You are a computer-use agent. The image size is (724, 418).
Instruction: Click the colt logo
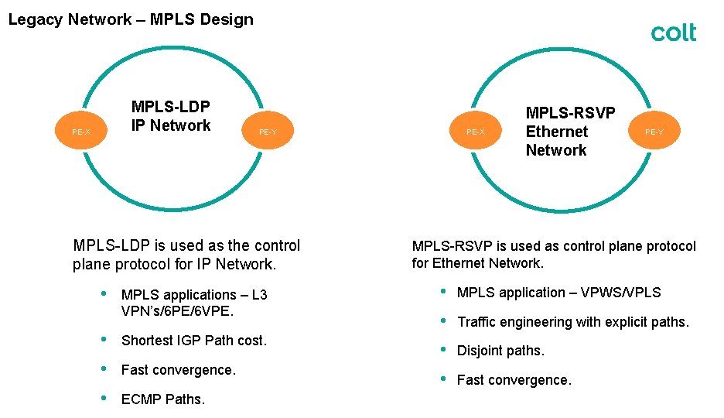pyautogui.click(x=673, y=33)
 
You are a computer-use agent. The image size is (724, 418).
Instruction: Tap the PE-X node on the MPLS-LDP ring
pyautogui.click(x=80, y=132)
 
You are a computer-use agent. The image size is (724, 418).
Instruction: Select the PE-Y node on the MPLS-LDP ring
pyautogui.click(x=268, y=132)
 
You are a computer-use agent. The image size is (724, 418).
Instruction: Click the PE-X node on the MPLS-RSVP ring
pyautogui.click(x=475, y=132)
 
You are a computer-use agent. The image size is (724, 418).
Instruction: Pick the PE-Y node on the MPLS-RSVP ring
pyautogui.click(x=654, y=132)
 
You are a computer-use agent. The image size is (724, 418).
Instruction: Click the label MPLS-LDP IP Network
pyautogui.click(x=171, y=116)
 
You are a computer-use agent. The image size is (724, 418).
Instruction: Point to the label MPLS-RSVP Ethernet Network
pyautogui.click(x=570, y=132)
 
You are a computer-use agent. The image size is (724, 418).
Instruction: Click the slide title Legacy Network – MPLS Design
pyautogui.click(x=131, y=19)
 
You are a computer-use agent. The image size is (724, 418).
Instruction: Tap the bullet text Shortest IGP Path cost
pyautogui.click(x=194, y=341)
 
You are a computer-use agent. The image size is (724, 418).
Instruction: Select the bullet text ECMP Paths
pyautogui.click(x=163, y=399)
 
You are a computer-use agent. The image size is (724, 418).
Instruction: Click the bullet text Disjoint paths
pyautogui.click(x=500, y=351)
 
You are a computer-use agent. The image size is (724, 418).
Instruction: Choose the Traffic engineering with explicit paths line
pyautogui.click(x=572, y=321)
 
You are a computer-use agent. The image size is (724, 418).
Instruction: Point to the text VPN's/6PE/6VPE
pyautogui.click(x=177, y=311)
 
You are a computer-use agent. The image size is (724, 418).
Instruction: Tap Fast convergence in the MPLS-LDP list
pyautogui.click(x=179, y=370)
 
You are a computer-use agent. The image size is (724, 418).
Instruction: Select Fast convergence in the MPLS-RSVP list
pyautogui.click(x=514, y=380)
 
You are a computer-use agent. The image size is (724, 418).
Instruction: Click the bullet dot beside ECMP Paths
pyautogui.click(x=104, y=399)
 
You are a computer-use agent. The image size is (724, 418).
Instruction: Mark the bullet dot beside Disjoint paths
pyautogui.click(x=443, y=350)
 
